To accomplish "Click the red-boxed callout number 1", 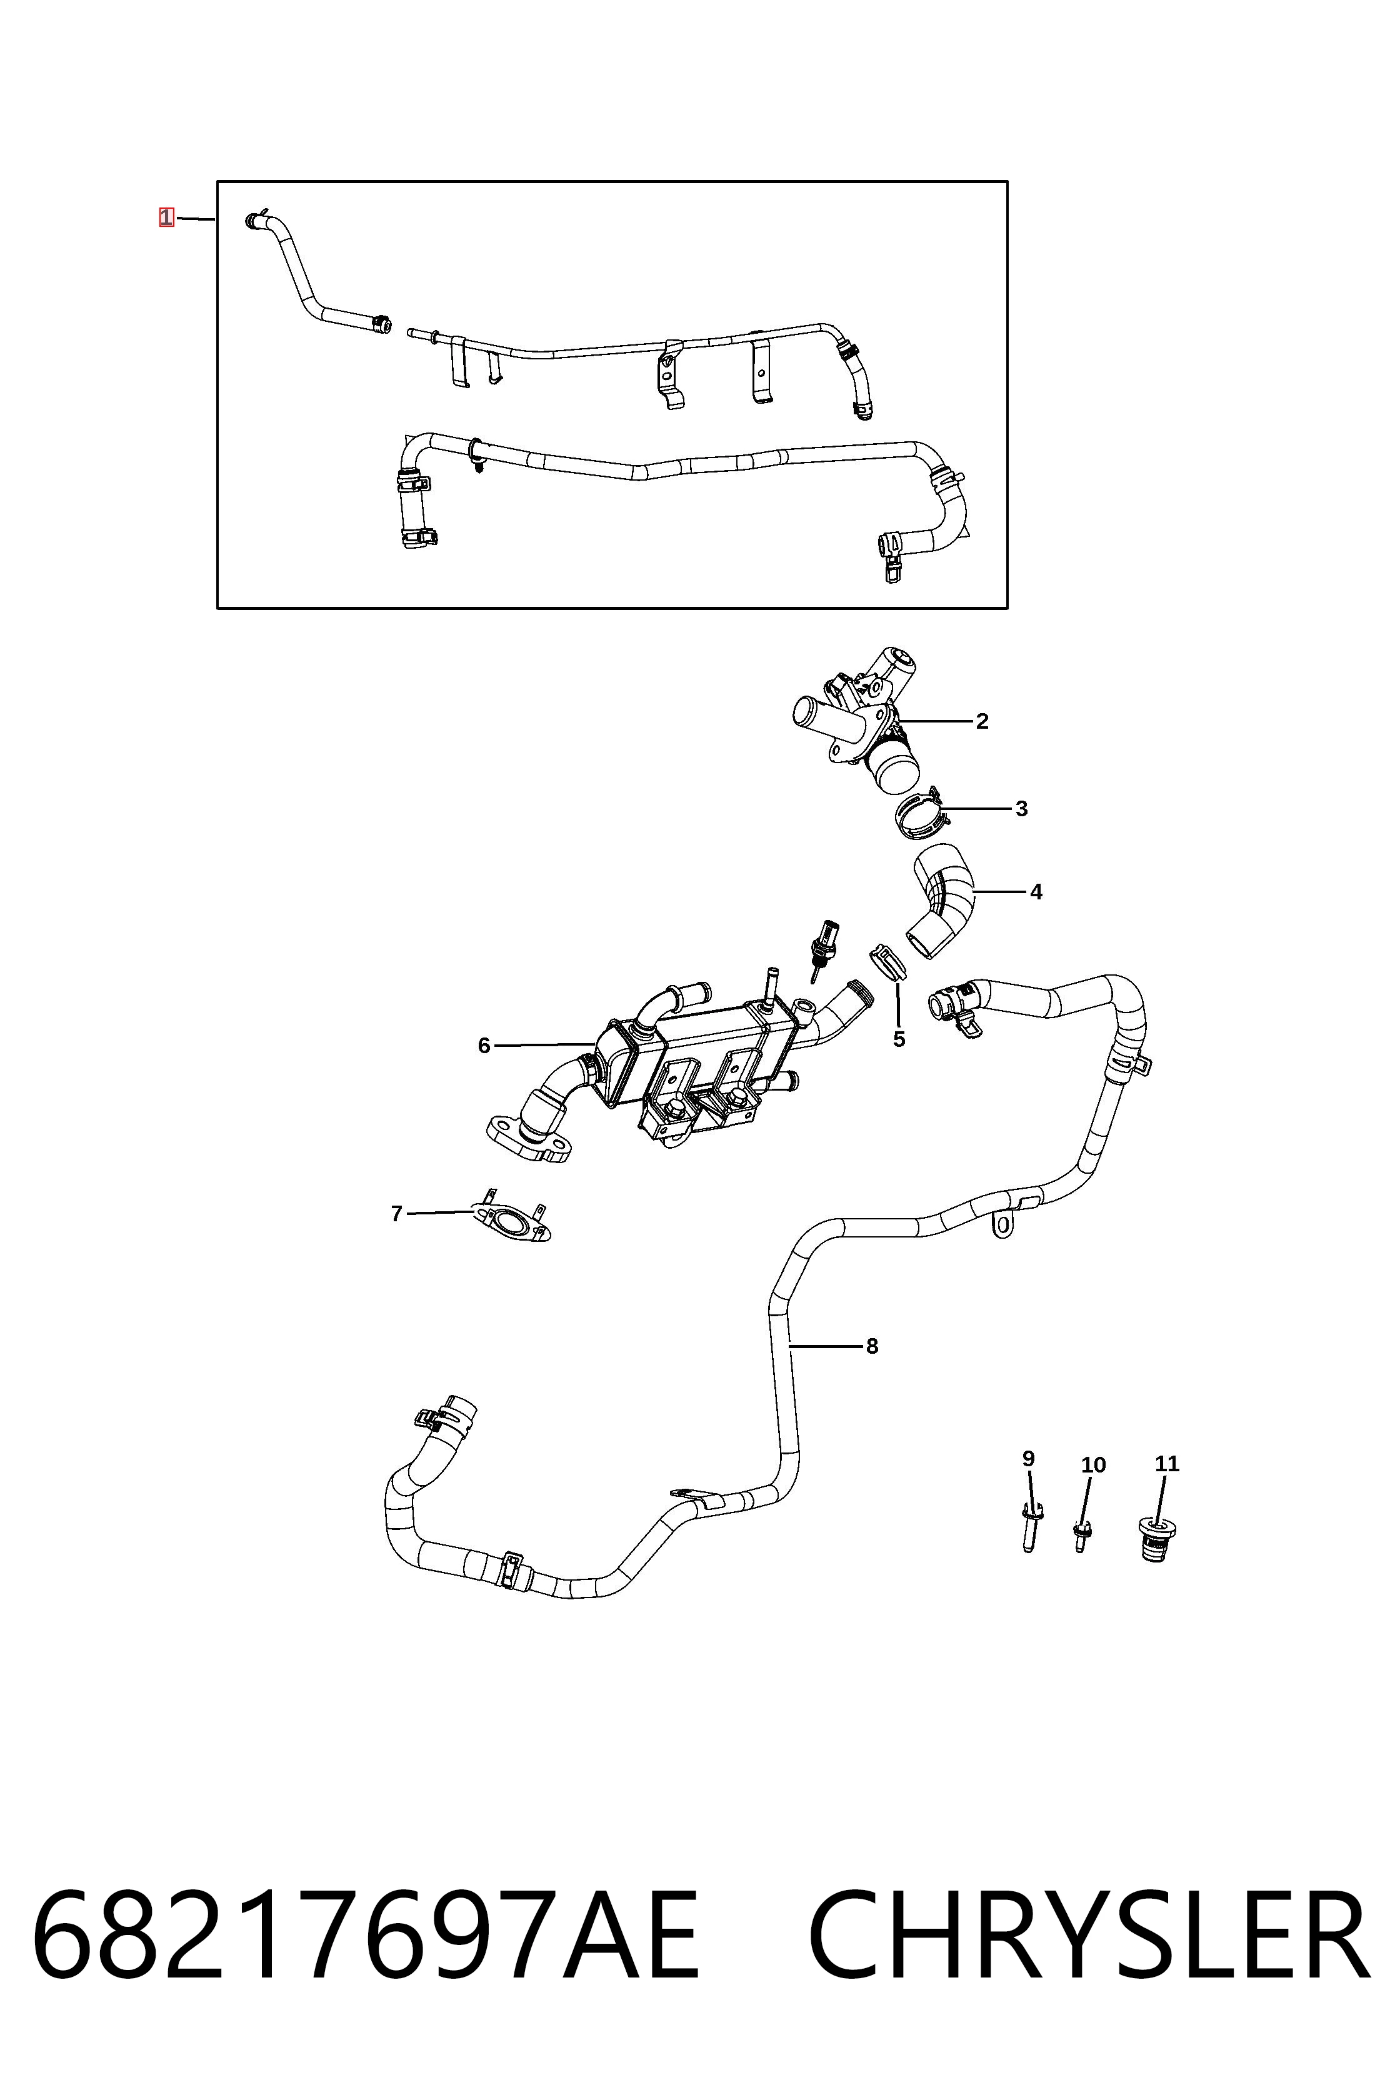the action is coord(166,217).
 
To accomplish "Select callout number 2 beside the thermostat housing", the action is coord(982,721).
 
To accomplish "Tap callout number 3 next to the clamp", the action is coord(1021,808).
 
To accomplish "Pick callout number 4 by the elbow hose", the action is coord(1036,891).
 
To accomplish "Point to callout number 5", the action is coord(899,1039).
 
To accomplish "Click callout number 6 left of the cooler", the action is coord(484,1046).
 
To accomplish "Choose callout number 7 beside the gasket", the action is coord(396,1213).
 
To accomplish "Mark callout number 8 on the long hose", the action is coord(872,1346).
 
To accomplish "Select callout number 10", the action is coord(1093,1464).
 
